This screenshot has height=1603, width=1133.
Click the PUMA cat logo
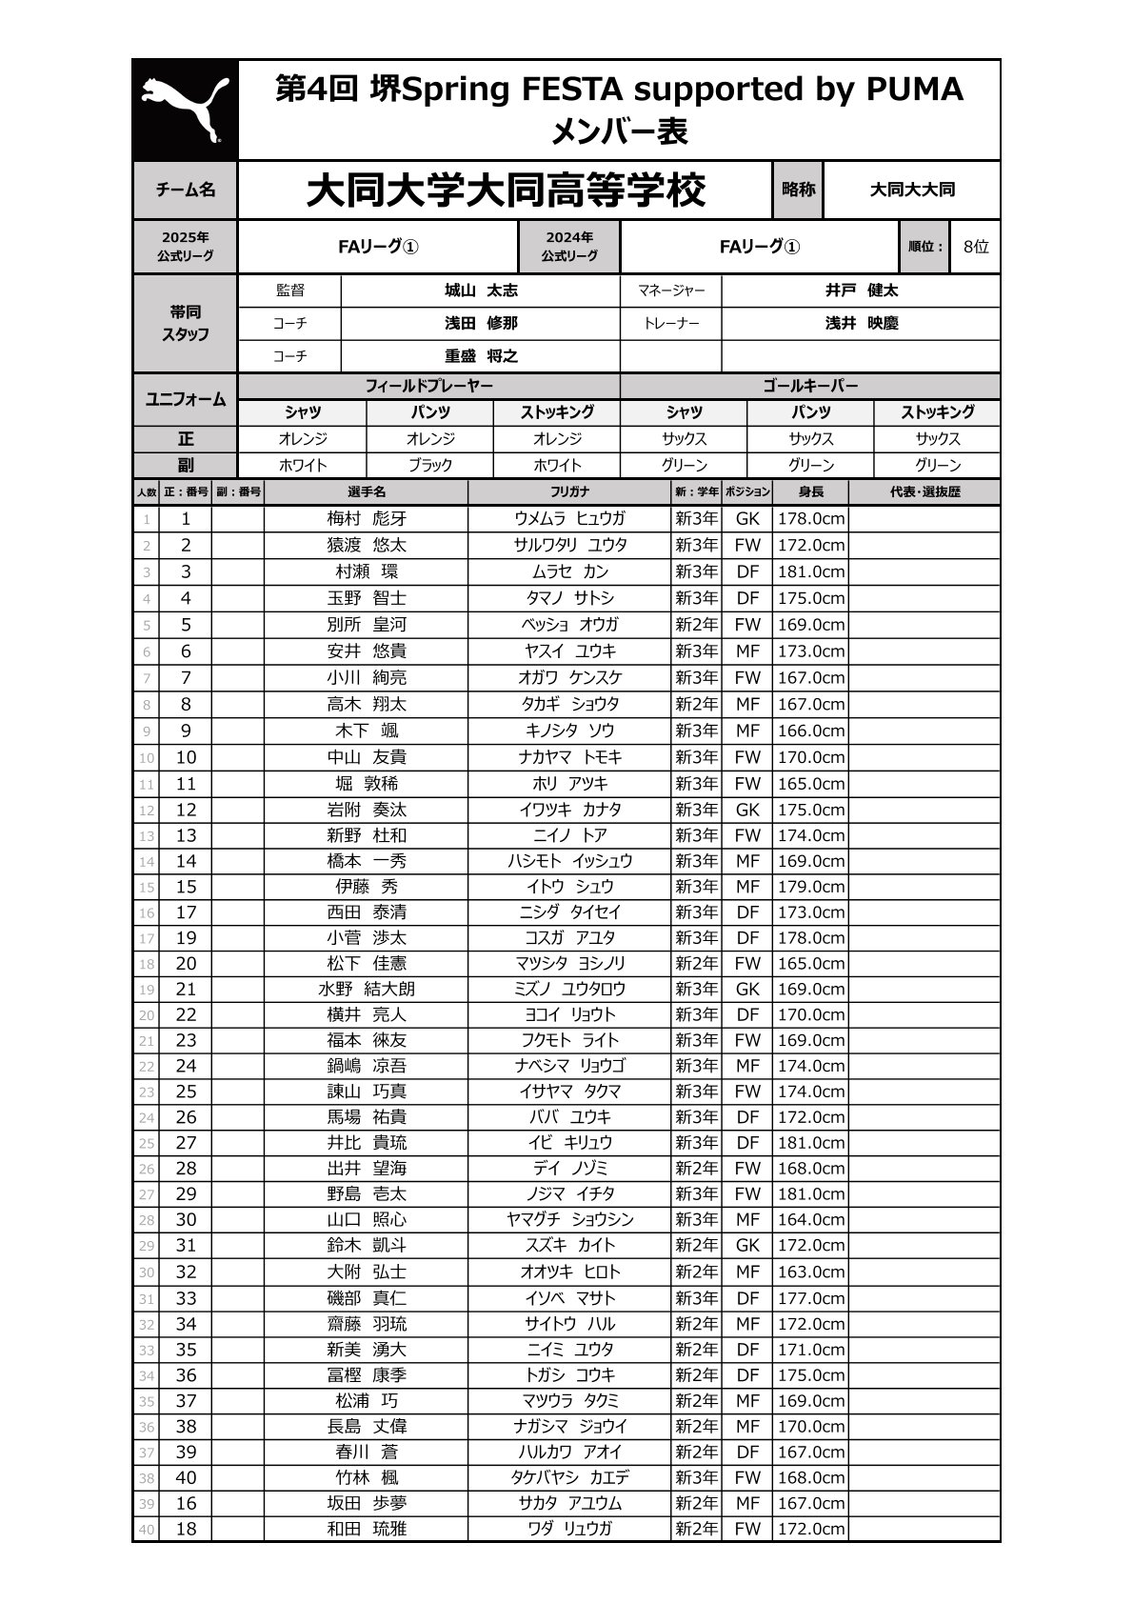point(185,110)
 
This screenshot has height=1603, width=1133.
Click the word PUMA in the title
point(914,90)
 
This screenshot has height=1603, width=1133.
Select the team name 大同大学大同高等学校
point(506,190)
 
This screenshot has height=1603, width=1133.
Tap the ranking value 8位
point(975,247)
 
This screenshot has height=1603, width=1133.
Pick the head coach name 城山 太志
point(481,291)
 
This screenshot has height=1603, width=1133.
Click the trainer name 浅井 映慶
point(861,324)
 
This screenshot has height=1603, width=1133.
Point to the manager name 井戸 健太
point(861,291)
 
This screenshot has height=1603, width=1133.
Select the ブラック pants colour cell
point(430,466)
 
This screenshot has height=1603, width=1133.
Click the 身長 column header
point(810,492)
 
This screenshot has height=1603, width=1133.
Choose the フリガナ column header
point(569,492)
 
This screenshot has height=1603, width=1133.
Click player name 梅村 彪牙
point(367,519)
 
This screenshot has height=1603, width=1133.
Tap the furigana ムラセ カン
point(569,571)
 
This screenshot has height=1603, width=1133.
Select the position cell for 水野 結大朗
point(747,990)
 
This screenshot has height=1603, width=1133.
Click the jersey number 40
point(186,1478)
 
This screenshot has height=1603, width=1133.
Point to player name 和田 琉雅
point(367,1530)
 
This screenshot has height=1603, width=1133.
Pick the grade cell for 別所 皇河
point(697,625)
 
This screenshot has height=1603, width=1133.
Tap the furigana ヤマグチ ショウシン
point(569,1220)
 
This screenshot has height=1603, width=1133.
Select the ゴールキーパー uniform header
point(810,386)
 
